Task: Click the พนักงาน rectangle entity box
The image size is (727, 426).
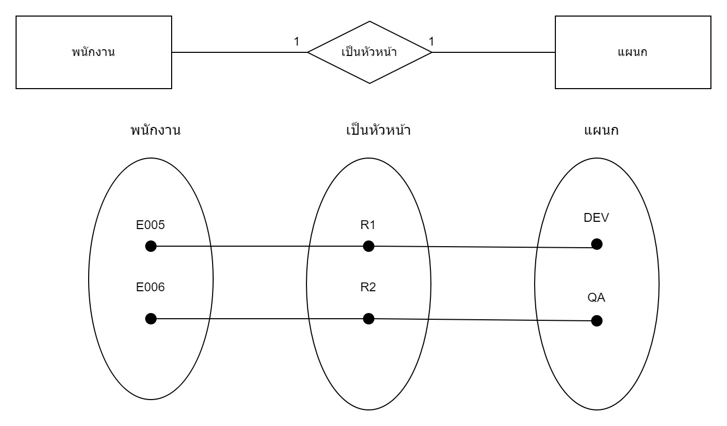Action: click(x=94, y=52)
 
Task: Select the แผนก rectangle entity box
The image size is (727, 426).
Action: click(x=633, y=52)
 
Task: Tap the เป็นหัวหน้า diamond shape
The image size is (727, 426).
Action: click(x=369, y=52)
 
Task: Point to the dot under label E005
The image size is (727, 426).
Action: click(x=151, y=246)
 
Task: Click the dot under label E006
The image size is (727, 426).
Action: click(x=151, y=319)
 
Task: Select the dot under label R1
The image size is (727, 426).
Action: click(x=368, y=246)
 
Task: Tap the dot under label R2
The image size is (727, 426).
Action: click(x=368, y=318)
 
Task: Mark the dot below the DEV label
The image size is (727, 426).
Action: click(x=597, y=244)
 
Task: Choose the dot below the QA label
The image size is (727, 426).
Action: click(x=597, y=321)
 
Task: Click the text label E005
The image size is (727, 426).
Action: click(x=150, y=225)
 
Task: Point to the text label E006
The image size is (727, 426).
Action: click(x=150, y=287)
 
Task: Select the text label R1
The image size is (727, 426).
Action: click(x=368, y=225)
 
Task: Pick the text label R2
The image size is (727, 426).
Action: click(x=368, y=287)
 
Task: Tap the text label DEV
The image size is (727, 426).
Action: click(x=596, y=218)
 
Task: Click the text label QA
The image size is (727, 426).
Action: click(x=596, y=298)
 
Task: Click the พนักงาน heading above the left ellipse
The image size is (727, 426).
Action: click(x=155, y=130)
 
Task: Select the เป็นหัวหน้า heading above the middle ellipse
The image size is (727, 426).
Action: click(x=378, y=130)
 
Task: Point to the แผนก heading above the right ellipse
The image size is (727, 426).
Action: click(x=601, y=130)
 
